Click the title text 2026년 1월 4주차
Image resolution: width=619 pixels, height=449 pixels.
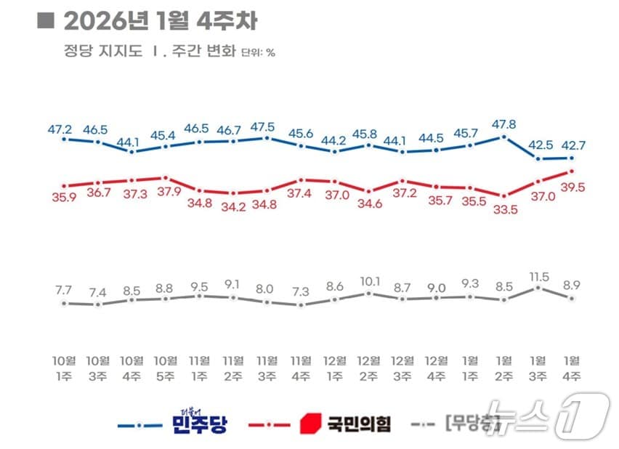(160, 21)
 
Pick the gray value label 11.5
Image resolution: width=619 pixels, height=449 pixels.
(539, 276)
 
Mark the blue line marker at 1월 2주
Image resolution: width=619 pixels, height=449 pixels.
(504, 137)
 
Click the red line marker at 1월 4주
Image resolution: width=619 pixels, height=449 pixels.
(572, 171)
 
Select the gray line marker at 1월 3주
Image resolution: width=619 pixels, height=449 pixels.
(538, 288)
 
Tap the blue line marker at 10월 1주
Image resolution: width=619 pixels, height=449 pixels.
(64, 139)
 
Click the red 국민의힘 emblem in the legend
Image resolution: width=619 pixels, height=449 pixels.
(310, 422)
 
